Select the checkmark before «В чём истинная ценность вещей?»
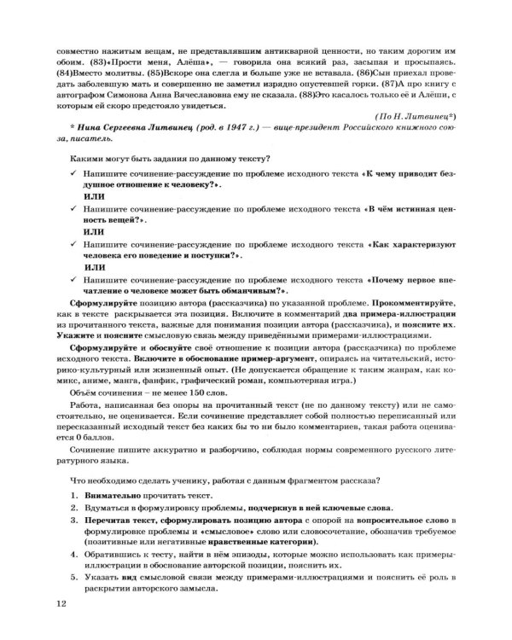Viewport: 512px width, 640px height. pos(73,230)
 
